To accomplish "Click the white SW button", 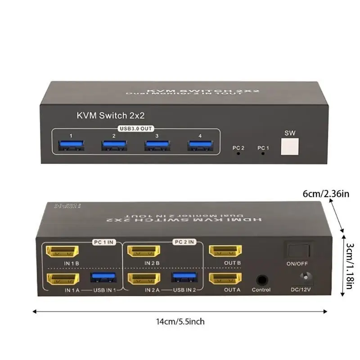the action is [x=289, y=147].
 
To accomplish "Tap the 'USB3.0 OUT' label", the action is [x=135, y=129].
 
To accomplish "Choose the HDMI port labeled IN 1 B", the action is [x=63, y=251].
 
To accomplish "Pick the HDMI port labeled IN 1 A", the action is [x=63, y=279].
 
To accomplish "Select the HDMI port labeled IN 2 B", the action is [x=144, y=251].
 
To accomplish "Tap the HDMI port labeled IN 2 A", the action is [x=144, y=279].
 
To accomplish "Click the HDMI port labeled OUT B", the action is [x=225, y=251].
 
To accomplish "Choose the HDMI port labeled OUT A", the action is [x=225, y=279].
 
